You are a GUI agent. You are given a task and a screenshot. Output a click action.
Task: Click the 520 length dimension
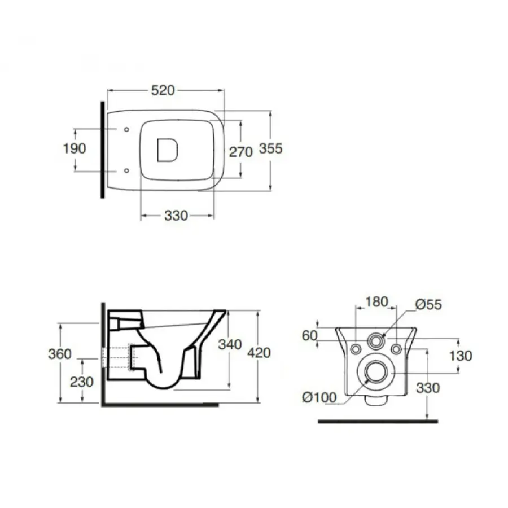click(x=163, y=90)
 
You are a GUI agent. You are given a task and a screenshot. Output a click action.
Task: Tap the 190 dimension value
click(x=75, y=148)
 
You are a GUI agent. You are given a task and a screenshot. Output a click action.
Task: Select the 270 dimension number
click(x=240, y=152)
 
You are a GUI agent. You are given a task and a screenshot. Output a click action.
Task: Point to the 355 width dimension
click(x=271, y=148)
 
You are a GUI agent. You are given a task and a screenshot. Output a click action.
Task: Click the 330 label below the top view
click(x=176, y=216)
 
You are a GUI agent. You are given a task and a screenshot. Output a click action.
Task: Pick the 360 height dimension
click(x=60, y=353)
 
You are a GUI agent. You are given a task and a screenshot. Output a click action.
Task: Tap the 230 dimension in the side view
click(x=82, y=382)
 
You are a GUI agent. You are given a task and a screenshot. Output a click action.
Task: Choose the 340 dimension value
click(x=230, y=344)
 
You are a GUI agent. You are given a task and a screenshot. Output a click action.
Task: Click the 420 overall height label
click(x=259, y=353)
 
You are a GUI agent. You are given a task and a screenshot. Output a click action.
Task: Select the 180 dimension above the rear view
click(x=376, y=301)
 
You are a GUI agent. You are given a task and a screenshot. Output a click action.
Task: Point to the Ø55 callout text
click(x=428, y=305)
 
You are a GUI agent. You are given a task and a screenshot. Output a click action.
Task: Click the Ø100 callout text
click(x=319, y=397)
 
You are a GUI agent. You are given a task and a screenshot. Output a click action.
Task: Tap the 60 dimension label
click(x=309, y=336)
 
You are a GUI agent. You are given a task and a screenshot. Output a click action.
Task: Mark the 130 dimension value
click(x=461, y=356)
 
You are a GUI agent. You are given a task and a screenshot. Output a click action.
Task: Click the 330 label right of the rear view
click(x=428, y=388)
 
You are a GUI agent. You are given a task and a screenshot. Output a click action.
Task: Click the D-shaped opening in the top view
click(x=168, y=150)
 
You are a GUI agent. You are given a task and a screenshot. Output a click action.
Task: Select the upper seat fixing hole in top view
click(x=126, y=130)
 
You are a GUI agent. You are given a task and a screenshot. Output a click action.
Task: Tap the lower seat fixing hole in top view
click(x=126, y=170)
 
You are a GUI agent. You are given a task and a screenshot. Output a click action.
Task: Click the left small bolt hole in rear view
click(x=356, y=349)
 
